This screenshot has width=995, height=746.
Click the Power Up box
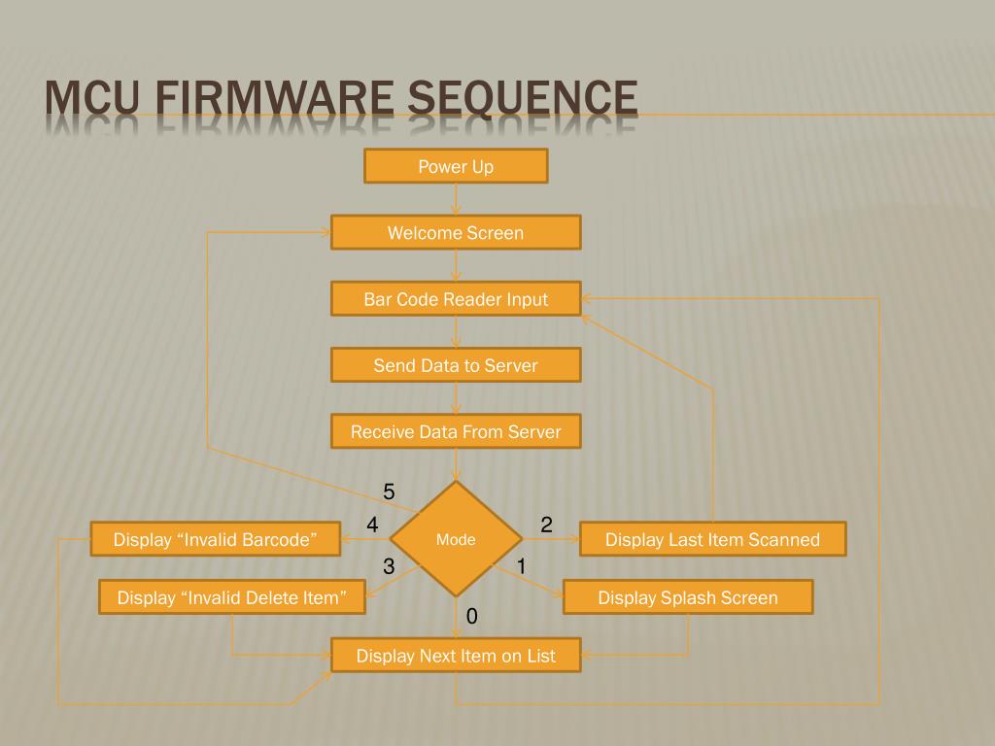point(456,166)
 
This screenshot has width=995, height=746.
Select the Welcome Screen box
point(456,233)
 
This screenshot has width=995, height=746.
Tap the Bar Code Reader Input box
point(456,299)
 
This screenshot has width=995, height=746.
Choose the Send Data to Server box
point(456,365)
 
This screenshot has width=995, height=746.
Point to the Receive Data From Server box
point(456,431)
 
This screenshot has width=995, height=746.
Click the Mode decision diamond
point(456,539)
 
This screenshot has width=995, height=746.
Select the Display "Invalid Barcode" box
point(215,539)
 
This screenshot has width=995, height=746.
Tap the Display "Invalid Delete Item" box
point(231,597)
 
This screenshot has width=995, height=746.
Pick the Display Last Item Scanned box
point(712,539)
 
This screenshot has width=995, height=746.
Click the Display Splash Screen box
point(687,597)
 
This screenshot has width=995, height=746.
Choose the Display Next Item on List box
point(456,656)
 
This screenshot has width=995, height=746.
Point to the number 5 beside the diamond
point(389,492)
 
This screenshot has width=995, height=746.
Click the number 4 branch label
point(372,526)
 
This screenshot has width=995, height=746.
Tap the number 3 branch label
point(389,566)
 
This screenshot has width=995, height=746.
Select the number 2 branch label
point(546,526)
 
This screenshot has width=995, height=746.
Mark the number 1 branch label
point(521,566)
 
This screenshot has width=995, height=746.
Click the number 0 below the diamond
point(471,617)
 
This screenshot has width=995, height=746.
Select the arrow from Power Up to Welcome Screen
point(456,199)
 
